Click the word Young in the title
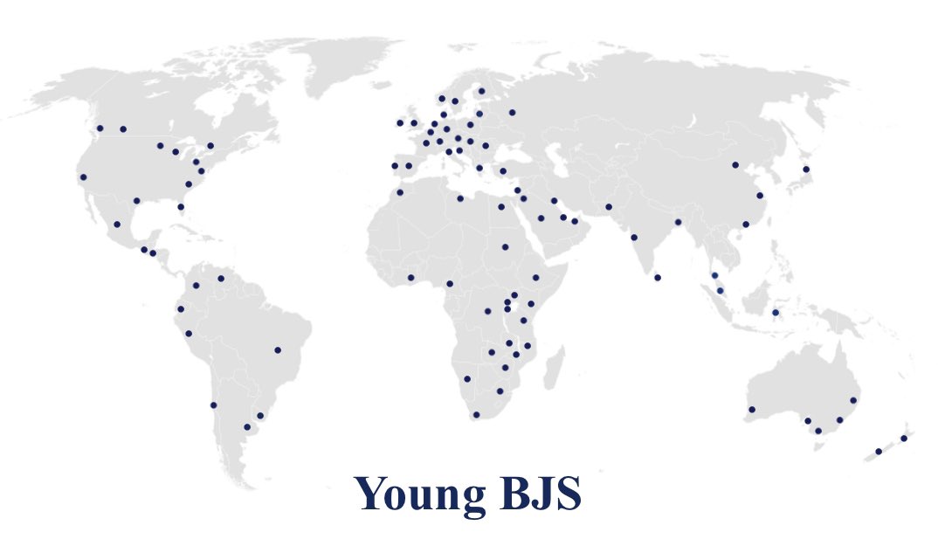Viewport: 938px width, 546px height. [x=417, y=494]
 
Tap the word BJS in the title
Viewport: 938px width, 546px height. [x=535, y=494]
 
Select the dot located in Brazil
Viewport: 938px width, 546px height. [x=278, y=350]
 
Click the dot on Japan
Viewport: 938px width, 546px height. [x=806, y=169]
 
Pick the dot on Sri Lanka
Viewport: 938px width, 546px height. [x=657, y=278]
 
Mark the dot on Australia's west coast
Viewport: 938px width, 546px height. [x=751, y=410]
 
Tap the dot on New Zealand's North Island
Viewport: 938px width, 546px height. [x=904, y=438]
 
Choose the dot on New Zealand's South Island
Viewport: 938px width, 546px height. [x=879, y=452]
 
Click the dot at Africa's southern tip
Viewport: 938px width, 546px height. [x=476, y=414]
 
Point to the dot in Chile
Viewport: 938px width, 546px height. [x=213, y=405]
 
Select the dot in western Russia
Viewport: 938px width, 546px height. [x=512, y=112]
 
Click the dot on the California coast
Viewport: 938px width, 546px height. [x=83, y=177]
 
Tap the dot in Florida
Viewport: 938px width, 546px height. [x=181, y=207]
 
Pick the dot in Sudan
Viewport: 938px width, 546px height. [x=505, y=246]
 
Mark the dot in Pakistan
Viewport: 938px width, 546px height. [x=609, y=207]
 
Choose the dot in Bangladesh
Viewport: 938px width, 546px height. [x=678, y=222]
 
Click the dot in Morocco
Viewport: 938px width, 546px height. [x=400, y=192]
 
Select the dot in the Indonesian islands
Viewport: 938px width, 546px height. [x=776, y=313]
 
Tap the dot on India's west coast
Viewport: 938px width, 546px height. [x=634, y=237]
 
